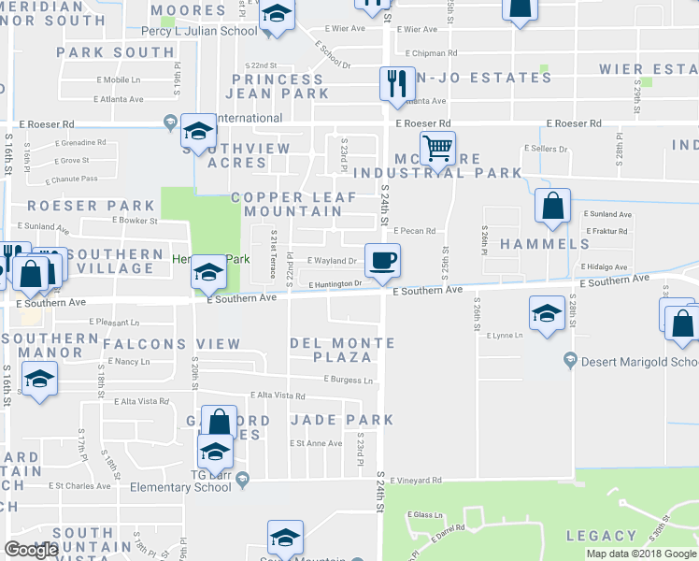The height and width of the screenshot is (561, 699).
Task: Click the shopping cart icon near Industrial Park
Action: click(x=436, y=148)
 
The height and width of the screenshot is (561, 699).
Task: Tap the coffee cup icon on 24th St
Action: click(x=380, y=259)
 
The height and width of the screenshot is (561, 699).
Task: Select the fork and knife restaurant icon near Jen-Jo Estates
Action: click(x=397, y=82)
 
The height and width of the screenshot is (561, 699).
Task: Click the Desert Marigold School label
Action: click(x=639, y=362)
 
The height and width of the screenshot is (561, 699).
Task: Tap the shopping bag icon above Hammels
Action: click(x=553, y=206)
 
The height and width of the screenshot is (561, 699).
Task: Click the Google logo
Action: click(x=32, y=550)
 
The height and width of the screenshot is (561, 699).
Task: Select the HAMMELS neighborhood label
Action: click(x=545, y=244)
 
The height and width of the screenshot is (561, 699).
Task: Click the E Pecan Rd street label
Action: click(x=415, y=231)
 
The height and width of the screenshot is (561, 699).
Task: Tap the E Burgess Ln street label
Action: click(x=349, y=380)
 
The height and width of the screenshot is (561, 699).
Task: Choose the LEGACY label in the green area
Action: click(x=601, y=536)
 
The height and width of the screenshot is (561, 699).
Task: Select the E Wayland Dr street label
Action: click(x=332, y=261)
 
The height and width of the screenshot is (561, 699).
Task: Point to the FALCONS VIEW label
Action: click(x=172, y=344)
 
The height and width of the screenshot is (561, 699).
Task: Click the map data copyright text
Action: click(x=641, y=554)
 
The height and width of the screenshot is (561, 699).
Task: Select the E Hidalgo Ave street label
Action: click(x=607, y=266)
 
